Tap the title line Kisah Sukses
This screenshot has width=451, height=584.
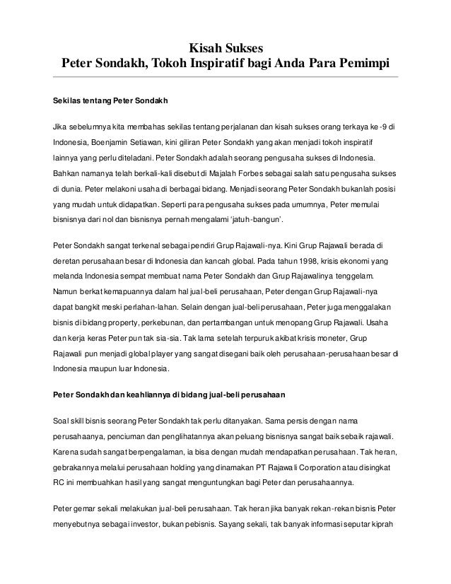225,49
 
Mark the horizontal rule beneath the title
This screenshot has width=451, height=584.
225,76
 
